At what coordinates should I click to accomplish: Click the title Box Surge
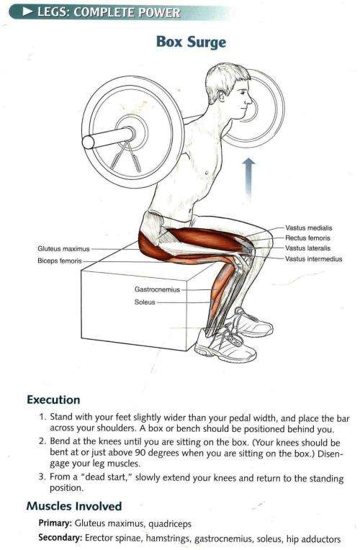pos(191,42)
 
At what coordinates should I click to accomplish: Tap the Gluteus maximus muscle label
pos(63,248)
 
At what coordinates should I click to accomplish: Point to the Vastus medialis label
pos(309,228)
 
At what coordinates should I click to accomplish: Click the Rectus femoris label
pos(307,238)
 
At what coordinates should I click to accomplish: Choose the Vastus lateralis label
pos(309,248)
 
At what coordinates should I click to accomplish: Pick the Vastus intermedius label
pos(313,258)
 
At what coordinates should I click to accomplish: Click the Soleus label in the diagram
pos(145,302)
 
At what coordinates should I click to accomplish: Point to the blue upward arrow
pos(249,176)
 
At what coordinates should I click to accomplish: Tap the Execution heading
pos(53,400)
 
